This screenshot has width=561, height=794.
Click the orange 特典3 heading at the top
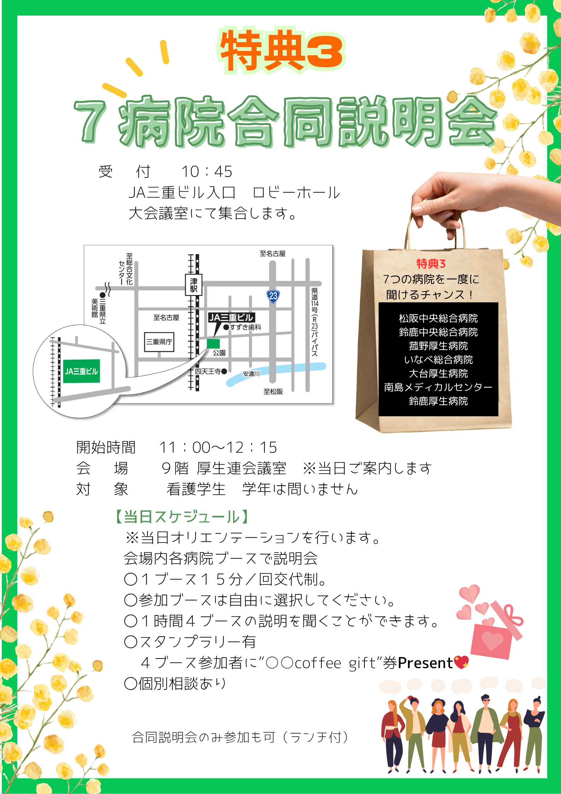[281, 50]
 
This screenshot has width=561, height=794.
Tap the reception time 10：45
[207, 172]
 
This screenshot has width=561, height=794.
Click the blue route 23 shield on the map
[273, 296]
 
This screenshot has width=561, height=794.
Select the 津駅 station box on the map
[194, 285]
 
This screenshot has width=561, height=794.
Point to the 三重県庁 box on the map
[159, 342]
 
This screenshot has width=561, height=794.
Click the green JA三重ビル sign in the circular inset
[82, 371]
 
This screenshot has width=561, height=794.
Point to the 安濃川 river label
[251, 374]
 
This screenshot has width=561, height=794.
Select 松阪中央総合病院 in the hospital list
[438, 318]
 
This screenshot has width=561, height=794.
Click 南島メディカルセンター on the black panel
[438, 387]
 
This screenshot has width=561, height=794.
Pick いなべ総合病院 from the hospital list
[438, 360]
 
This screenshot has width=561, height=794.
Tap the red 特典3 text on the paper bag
[431, 264]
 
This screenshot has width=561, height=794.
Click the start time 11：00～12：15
[218, 448]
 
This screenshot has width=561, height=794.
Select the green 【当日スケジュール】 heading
[182, 517]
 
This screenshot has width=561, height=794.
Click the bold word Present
[425, 663]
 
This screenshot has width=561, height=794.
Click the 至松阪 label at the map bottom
[273, 392]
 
